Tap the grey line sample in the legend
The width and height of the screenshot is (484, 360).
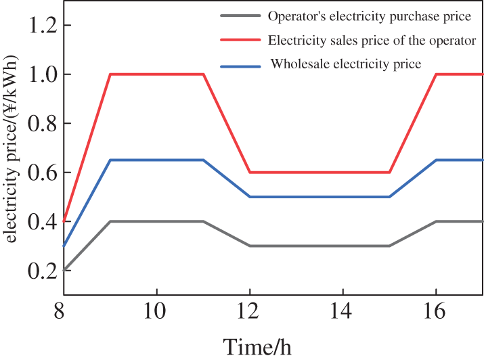coord(240,16)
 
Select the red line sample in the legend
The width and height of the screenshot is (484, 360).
coord(240,41)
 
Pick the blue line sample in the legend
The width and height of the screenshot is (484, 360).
coord(240,66)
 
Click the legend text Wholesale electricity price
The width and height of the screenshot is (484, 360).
coord(346,65)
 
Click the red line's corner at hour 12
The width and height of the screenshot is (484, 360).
coord(250,172)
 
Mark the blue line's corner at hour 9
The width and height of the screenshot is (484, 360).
coord(110,160)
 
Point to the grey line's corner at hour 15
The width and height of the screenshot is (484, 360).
coord(390,246)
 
